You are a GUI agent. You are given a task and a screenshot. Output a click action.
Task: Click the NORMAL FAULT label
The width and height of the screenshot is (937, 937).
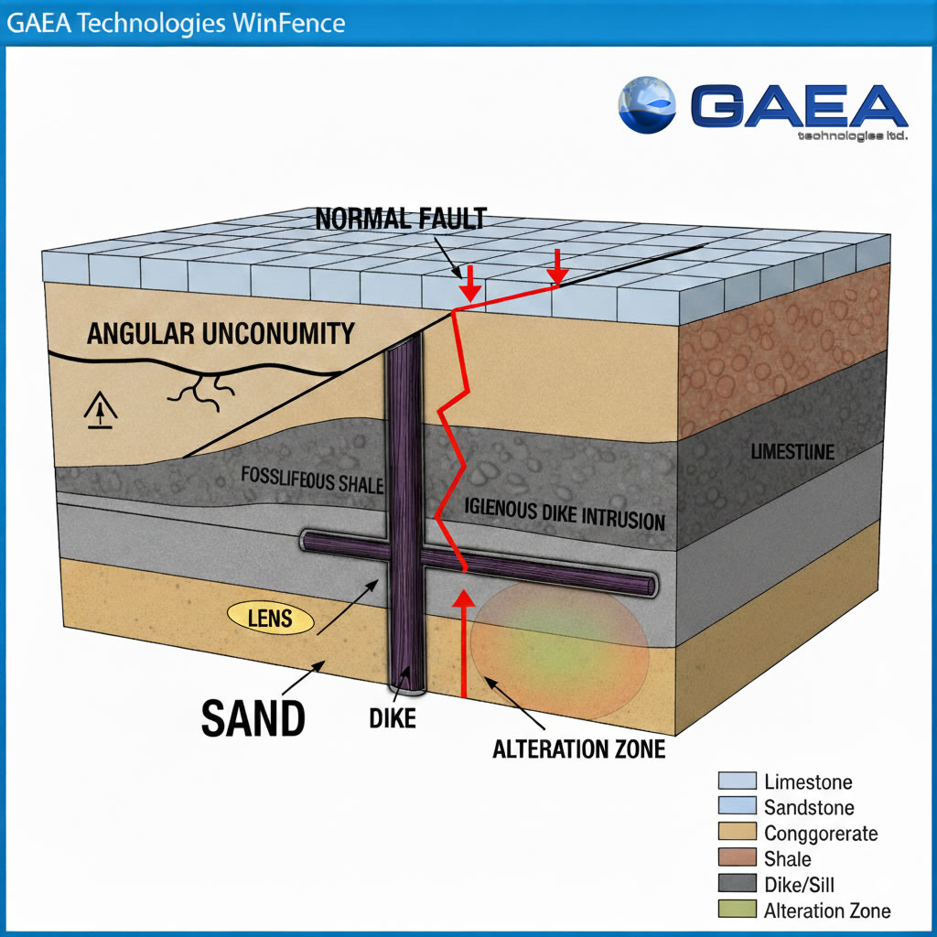pos(401,219)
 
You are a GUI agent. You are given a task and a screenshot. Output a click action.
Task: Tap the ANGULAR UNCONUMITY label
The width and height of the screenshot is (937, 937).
pos(221,333)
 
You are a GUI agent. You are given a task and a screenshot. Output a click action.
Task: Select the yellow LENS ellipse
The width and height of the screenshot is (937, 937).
pos(270,619)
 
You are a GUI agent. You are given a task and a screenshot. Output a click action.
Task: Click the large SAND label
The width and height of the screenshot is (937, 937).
pos(253,717)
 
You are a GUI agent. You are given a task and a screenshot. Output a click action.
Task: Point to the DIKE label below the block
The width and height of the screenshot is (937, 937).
pos(393,718)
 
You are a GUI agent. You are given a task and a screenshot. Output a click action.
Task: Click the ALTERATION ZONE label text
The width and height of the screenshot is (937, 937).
pos(578,749)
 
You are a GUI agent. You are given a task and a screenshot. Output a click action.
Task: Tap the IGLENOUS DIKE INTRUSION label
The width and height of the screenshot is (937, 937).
pos(565,514)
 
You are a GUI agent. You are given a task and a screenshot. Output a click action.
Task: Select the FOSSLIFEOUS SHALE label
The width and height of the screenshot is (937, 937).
pos(312,479)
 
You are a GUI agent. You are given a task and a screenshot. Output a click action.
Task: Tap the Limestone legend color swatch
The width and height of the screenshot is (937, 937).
pos(738,781)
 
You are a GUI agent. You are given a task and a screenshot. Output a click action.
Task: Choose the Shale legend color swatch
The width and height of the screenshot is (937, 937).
pos(738,858)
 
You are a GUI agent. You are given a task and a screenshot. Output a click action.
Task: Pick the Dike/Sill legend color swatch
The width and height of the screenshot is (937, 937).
pos(738,884)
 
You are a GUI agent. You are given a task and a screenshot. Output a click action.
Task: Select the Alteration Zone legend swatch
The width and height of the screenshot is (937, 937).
pos(738,910)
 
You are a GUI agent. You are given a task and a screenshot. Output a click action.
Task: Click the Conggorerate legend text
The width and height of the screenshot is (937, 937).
pos(820,834)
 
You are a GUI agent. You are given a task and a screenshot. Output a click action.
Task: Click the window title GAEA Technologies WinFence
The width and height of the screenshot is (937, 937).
pos(177,22)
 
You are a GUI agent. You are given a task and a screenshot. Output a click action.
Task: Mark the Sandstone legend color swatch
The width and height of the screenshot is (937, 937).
pos(738,806)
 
